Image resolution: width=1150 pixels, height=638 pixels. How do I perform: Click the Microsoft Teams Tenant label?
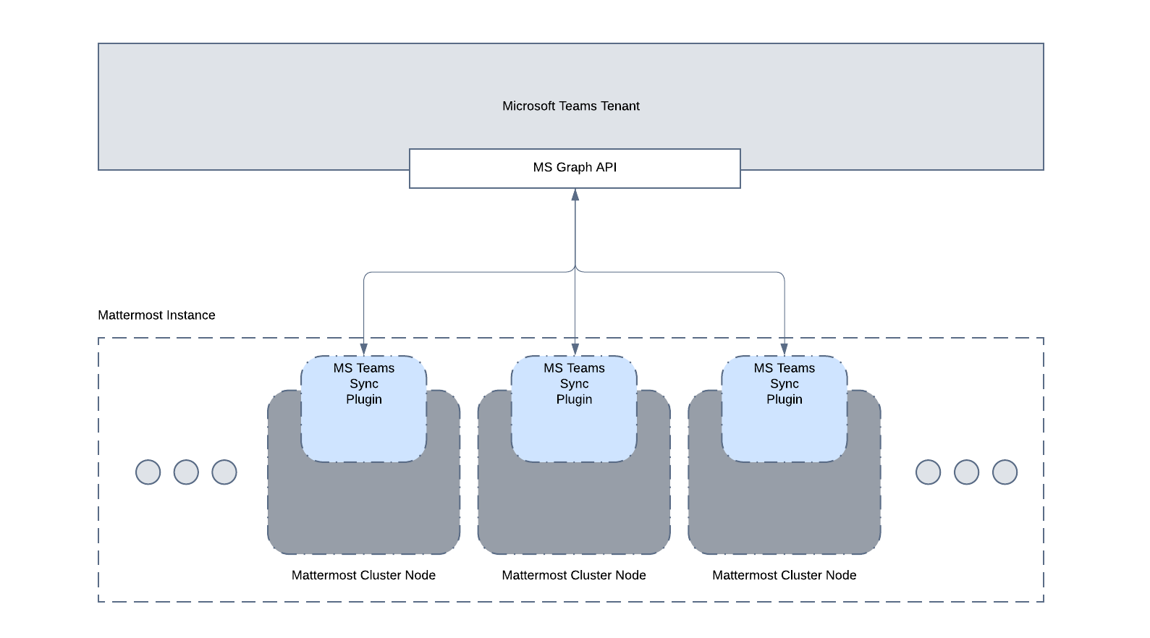coord(571,106)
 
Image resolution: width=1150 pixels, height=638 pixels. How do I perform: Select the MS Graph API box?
coord(575,168)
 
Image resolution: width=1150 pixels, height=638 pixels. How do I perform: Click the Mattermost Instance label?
coord(156,315)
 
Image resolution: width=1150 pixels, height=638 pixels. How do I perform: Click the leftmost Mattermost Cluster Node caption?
coord(363,575)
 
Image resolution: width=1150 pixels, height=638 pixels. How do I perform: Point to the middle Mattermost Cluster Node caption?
coord(574,575)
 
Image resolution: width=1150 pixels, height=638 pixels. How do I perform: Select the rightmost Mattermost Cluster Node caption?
coord(785,575)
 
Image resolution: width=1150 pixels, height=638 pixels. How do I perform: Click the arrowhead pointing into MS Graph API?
coord(575,195)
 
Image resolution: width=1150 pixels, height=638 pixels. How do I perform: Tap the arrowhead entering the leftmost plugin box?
coord(364,349)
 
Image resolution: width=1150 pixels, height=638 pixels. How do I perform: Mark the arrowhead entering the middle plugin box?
coord(575,349)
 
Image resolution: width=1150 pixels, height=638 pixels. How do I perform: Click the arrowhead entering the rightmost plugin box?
coord(784,349)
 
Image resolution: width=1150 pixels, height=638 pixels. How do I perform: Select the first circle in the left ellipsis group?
coord(148,472)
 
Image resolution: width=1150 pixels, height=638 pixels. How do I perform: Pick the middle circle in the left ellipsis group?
coord(186,472)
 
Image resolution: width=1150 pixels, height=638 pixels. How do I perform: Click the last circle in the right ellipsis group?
coord(1005,472)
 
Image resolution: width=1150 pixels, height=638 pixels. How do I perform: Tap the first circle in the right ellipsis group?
coord(929,472)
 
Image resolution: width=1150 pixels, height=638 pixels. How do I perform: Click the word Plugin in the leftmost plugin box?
coord(364,399)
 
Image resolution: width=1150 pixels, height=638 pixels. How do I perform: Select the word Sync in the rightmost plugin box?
coord(785,384)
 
